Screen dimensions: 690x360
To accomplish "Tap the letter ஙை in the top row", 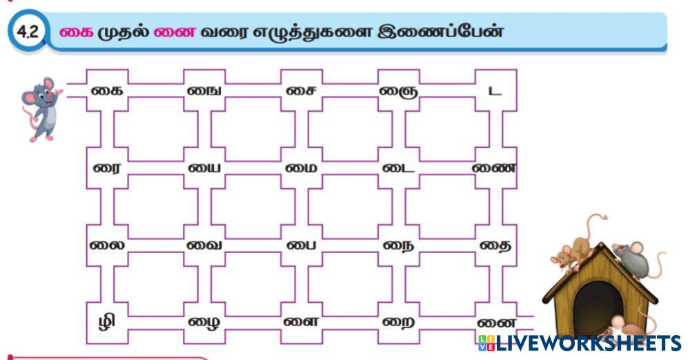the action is pos(204,90).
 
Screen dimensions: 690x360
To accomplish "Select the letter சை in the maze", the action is pos(301,90).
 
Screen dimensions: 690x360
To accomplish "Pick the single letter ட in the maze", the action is pos(494,91).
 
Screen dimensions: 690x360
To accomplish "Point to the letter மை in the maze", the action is pos(301,168).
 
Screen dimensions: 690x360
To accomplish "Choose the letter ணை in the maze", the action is pos(494,168).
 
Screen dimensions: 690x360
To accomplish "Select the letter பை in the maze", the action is pos(301,245).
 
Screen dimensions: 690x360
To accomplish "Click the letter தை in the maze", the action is pos(494,245).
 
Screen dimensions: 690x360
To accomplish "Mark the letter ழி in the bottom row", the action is pos(107,322).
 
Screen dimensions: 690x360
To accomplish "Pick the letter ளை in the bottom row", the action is pos(301,321).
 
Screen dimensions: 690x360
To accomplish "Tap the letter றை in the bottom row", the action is pos(397,322).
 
